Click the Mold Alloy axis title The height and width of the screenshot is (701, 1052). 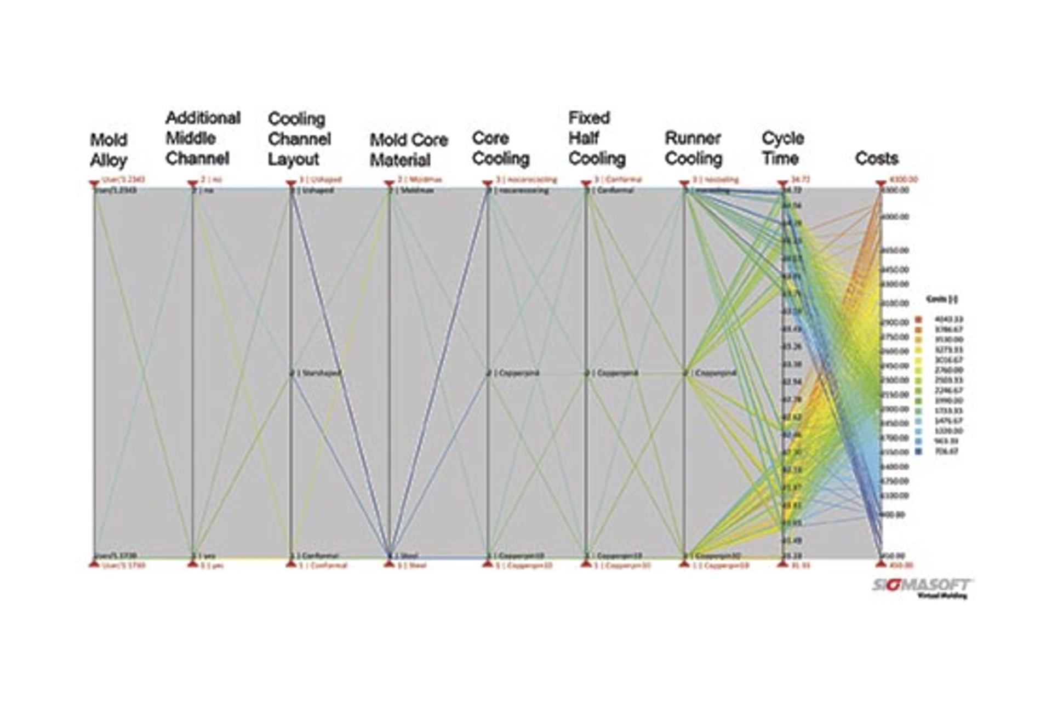(x=108, y=150)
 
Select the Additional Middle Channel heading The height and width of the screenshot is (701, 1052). (x=203, y=138)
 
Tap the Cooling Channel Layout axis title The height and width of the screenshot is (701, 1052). (x=299, y=139)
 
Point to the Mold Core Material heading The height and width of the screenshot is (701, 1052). (x=408, y=150)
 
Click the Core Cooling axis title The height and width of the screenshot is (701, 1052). (x=500, y=149)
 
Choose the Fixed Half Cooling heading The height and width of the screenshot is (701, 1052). (x=597, y=138)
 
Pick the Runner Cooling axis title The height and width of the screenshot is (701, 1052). (x=693, y=149)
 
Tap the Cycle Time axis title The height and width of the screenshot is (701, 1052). (x=782, y=149)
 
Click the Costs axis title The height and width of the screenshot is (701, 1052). (x=877, y=158)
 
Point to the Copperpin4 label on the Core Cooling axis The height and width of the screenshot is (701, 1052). (x=518, y=373)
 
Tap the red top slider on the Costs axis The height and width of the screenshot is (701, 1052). (x=881, y=183)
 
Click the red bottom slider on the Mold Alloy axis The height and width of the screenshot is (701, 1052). (x=94, y=563)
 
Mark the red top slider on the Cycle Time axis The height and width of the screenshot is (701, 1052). (x=782, y=183)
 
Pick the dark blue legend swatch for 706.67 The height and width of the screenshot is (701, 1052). (x=918, y=452)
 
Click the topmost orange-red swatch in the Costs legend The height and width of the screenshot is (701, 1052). (x=918, y=319)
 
